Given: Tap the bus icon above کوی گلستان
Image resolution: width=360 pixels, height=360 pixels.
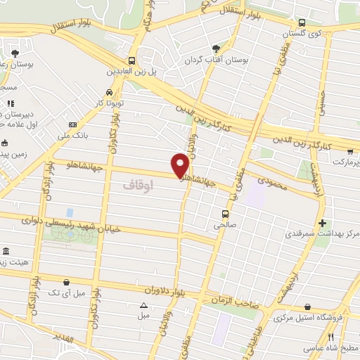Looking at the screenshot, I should tap(302, 22).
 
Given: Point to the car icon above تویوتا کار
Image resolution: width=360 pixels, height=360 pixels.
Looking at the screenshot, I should tap(109, 92).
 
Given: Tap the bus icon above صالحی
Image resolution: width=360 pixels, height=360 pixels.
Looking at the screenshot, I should tap(225, 214).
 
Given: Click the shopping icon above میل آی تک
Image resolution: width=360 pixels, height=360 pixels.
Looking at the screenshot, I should tap(66, 283).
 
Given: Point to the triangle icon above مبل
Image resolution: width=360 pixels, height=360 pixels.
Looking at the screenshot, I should tap(143, 305).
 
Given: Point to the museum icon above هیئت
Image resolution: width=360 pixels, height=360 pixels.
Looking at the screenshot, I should tap(6, 251).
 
